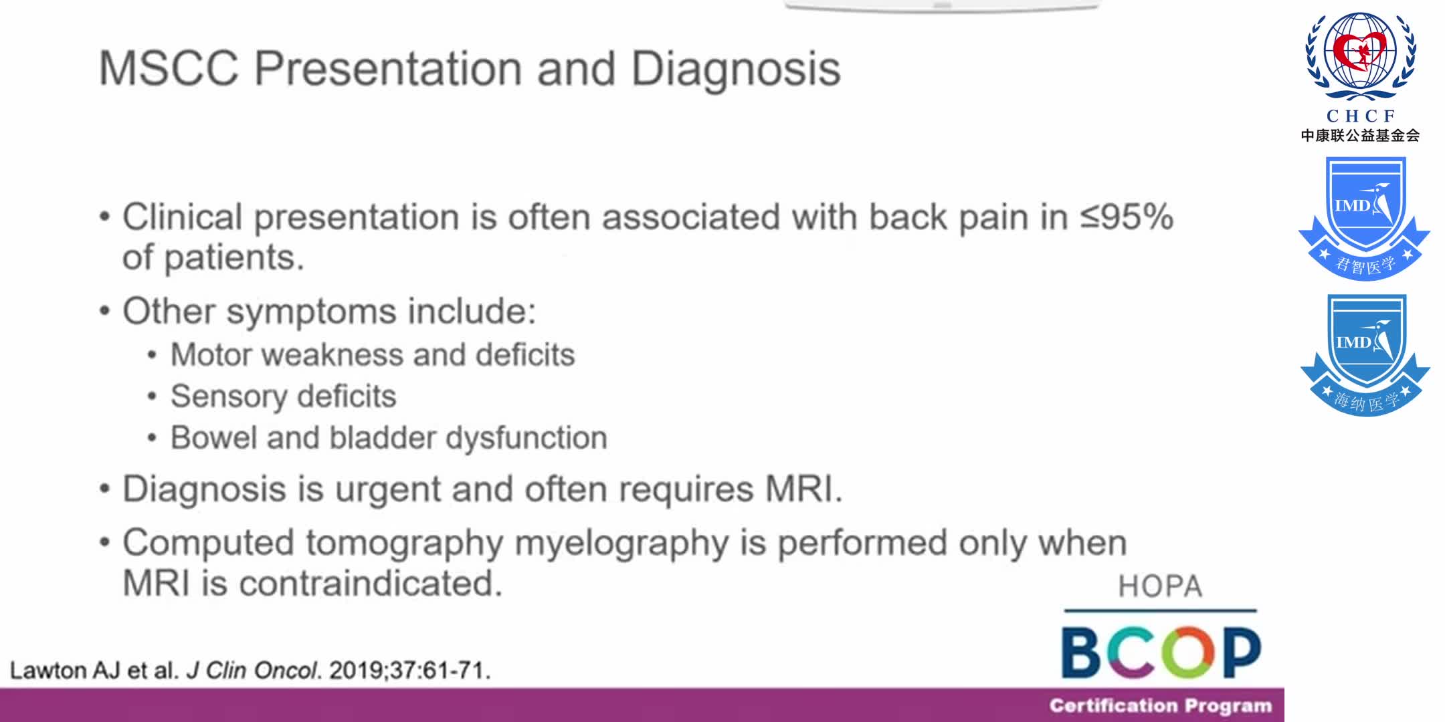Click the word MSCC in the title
click(169, 69)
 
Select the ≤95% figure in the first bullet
click(1127, 217)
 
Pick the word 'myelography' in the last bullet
click(621, 544)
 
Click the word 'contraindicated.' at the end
click(371, 584)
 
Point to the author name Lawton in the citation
click(47, 670)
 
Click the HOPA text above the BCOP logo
click(1160, 587)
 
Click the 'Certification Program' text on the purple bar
click(1160, 706)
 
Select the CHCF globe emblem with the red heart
click(1361, 56)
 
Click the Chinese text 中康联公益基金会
click(1360, 136)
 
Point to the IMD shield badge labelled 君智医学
click(1364, 218)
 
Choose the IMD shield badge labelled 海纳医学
click(1364, 354)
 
